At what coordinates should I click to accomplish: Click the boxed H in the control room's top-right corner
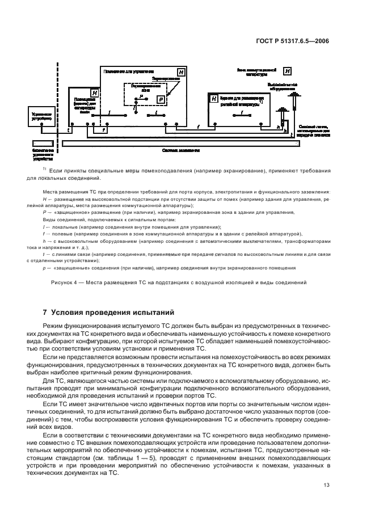[x=181, y=72]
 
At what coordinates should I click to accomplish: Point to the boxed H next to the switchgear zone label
[x=288, y=71]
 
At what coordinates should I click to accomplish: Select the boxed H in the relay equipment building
[x=214, y=99]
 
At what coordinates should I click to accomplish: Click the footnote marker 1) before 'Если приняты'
[x=44, y=168]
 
